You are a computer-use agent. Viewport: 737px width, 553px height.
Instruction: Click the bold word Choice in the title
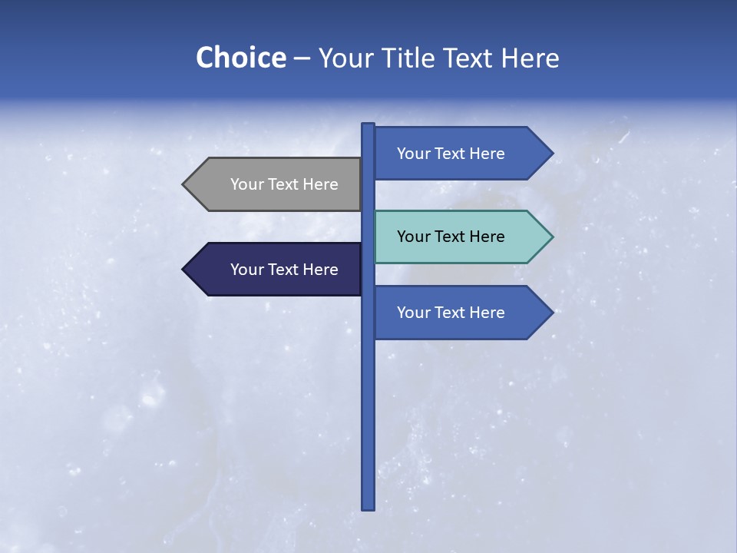tap(240, 58)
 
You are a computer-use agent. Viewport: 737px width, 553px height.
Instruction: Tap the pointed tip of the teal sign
tap(551, 237)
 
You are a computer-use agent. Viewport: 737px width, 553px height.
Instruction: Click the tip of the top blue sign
tap(551, 154)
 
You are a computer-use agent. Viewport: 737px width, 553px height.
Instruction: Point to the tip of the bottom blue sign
tap(551, 313)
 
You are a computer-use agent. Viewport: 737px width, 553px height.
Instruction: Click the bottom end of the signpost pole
tap(368, 507)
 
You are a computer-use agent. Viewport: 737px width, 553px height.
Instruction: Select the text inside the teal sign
tap(451, 237)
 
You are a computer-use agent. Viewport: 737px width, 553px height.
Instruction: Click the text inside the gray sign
tap(284, 184)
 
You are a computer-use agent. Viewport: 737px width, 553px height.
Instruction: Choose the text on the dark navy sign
tap(284, 270)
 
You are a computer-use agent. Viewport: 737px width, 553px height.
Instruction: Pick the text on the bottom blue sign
tap(451, 313)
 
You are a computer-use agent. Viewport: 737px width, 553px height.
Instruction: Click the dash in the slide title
tap(302, 59)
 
